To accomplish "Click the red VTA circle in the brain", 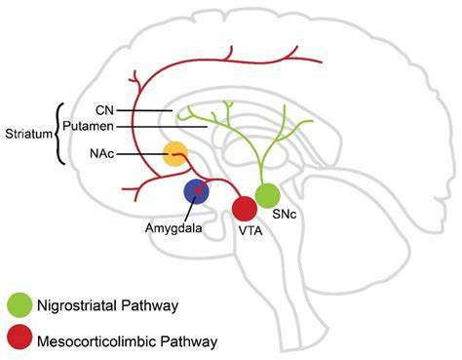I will (244, 208).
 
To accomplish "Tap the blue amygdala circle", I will (198, 191).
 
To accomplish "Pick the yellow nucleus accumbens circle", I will (175, 154).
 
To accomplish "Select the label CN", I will (106, 111).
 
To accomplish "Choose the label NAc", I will (99, 154).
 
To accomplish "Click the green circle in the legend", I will (19, 305).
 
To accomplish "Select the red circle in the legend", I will (19, 340).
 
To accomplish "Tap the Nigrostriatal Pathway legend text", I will (106, 306).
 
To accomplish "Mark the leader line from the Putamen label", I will (166, 126).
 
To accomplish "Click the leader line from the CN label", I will (146, 111).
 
